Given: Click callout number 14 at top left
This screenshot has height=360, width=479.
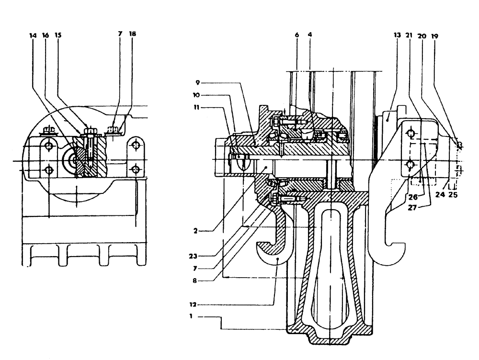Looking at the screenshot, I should point(33,35).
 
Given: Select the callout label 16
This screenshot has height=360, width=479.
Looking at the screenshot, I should point(46,35).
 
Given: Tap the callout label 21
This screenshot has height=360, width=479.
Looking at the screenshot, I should point(409,35).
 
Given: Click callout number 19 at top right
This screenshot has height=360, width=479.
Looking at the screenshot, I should point(434,35).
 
